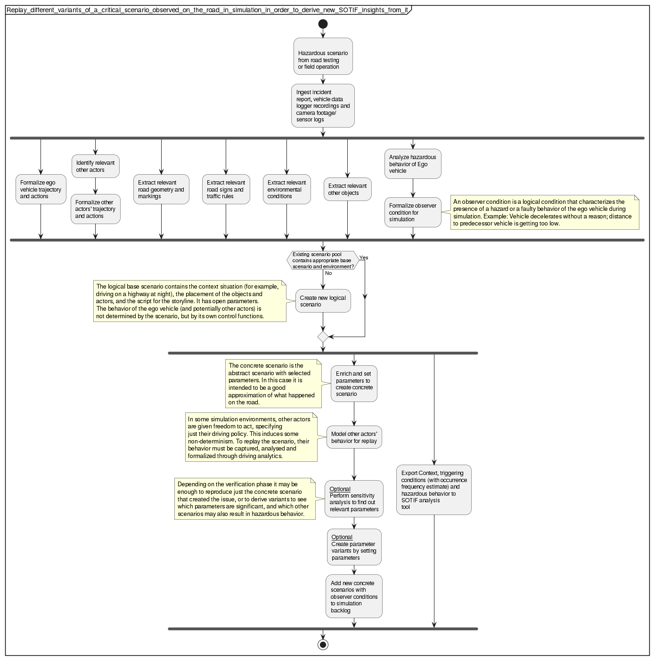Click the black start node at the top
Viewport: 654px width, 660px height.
click(x=323, y=24)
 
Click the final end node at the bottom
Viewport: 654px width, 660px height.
click(x=323, y=644)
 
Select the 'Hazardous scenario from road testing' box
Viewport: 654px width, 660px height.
click(x=323, y=56)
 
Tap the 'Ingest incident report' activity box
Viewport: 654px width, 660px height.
click(x=323, y=106)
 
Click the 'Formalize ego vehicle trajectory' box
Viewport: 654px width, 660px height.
click(x=41, y=189)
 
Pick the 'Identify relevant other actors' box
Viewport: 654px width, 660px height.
click(x=95, y=166)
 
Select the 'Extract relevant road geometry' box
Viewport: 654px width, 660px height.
click(x=161, y=189)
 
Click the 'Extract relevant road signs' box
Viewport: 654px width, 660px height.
click(x=226, y=189)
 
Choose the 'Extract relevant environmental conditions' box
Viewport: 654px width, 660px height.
click(x=286, y=189)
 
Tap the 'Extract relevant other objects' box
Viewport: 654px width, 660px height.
click(x=347, y=189)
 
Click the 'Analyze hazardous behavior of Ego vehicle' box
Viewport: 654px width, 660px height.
click(x=413, y=164)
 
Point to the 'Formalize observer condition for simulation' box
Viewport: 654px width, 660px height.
click(x=413, y=212)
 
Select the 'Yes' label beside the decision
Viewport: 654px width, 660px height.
click(x=364, y=258)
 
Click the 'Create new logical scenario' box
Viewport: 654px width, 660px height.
click(x=323, y=301)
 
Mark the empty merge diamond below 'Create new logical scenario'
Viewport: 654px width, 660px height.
click(x=323, y=337)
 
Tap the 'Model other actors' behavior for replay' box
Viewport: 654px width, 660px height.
click(x=354, y=437)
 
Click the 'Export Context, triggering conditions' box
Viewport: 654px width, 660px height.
click(x=433, y=490)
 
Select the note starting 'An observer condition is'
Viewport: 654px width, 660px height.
click(x=544, y=212)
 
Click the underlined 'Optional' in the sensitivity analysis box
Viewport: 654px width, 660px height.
click(x=340, y=489)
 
